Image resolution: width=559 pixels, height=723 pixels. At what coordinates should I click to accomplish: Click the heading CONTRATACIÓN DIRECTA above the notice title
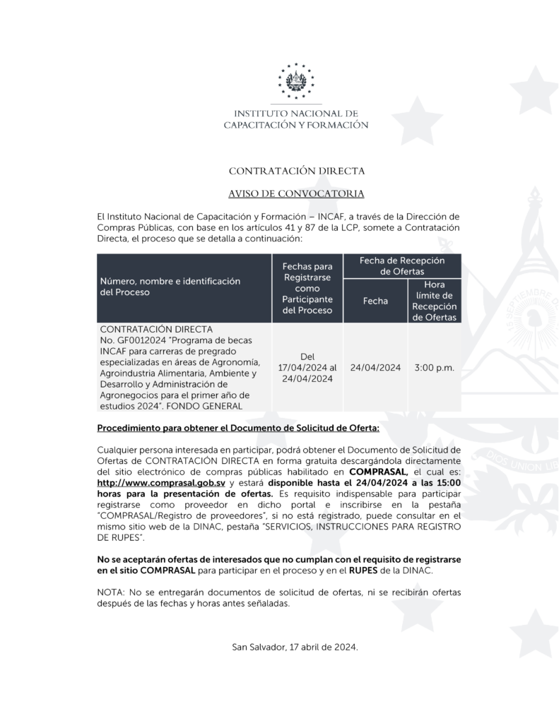coord(296,171)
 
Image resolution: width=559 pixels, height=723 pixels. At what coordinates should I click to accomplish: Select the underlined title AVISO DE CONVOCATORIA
coord(296,193)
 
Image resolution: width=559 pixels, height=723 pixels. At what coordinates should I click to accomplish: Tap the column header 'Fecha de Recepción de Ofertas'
coord(401,265)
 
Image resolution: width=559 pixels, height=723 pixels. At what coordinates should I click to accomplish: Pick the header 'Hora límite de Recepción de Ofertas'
coord(434,301)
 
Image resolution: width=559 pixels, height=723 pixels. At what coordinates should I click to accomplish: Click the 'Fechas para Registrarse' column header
coord(307,288)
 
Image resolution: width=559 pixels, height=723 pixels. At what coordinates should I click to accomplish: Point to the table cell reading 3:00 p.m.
coord(434,368)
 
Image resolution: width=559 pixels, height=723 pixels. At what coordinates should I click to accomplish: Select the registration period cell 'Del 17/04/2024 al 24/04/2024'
coord(307,368)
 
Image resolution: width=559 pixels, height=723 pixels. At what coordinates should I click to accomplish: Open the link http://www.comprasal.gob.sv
coord(161,482)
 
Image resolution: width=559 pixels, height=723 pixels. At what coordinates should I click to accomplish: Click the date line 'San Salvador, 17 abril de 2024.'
coord(295,647)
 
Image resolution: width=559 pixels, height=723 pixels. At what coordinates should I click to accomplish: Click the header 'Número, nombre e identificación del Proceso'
coord(170,287)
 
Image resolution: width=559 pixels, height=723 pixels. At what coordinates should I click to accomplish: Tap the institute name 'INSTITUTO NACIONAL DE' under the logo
coord(296,114)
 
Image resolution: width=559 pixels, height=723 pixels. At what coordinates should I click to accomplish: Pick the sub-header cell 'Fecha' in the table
coord(375,301)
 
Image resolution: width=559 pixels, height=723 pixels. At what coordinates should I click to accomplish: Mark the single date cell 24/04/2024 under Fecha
coord(375,368)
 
